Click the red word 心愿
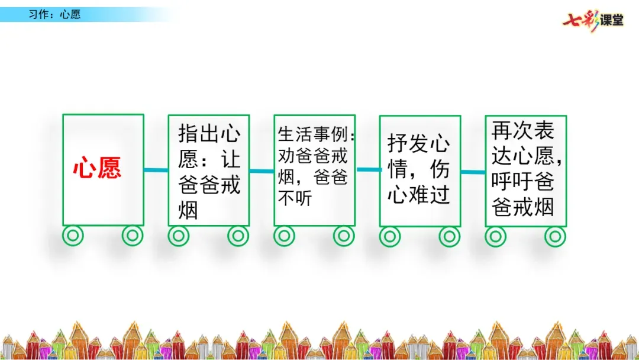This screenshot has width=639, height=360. coord(97,169)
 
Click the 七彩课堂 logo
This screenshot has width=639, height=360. coord(593,20)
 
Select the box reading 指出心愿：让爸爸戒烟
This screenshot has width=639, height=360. coord(209,171)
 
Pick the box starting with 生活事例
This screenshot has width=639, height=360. coord(314,171)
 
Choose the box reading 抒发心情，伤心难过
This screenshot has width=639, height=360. coord(419,171)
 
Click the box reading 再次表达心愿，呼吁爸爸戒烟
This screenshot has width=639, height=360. coord(525,171)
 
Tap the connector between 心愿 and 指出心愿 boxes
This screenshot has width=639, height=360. coord(156,171)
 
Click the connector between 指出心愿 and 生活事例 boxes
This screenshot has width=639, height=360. coord(262,171)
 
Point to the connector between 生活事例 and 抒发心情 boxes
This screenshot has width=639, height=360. coord(367,170)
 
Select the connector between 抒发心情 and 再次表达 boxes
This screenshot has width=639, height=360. coord(473,172)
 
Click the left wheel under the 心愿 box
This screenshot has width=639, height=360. coord(73,236)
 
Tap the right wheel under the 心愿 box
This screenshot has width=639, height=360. coord(133,236)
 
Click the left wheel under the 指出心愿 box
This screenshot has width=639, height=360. coord(178,236)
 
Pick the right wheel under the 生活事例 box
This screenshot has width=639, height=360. coord(344,236)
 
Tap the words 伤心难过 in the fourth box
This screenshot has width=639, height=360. coord(419,195)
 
